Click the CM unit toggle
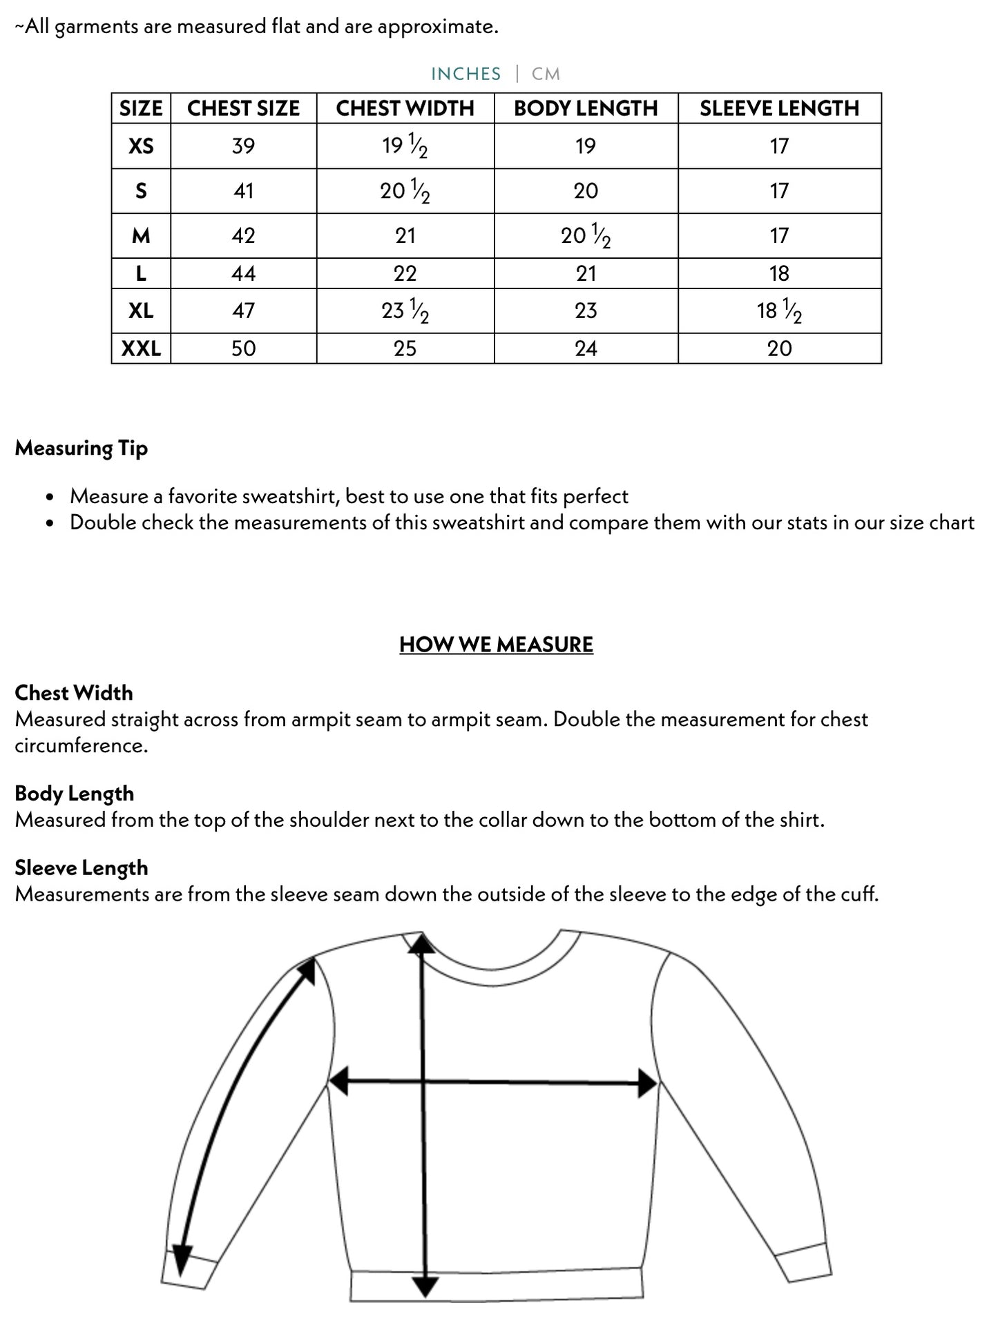[x=546, y=74]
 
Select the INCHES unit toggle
[x=466, y=74]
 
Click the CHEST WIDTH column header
[x=405, y=108]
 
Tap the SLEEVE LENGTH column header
[x=779, y=108]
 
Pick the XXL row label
[x=141, y=349]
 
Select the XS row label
[x=141, y=146]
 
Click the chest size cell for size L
[x=243, y=274]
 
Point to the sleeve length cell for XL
[x=779, y=311]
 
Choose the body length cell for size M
[x=586, y=236]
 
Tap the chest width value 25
[x=405, y=349]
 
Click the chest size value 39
[x=243, y=146]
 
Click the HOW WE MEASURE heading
[x=496, y=645]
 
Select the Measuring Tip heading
[x=81, y=449]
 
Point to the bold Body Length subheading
[x=75, y=794]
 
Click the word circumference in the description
[x=81, y=746]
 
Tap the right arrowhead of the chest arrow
[x=647, y=1084]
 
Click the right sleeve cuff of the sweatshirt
[x=803, y=1262]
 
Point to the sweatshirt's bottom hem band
[x=497, y=1285]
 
